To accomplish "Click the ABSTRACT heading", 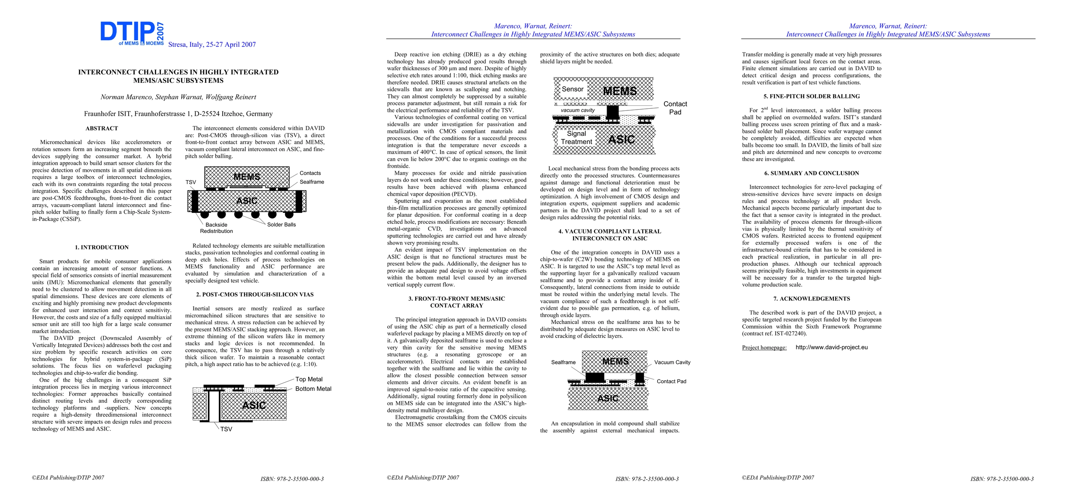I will coord(102,128).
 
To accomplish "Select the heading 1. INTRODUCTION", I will coord(102,247).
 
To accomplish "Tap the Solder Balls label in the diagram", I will coord(281,225).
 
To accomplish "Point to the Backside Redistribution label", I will coord(216,228).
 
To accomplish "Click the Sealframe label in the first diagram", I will coord(311,182).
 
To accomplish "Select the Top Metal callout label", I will coord(309,379).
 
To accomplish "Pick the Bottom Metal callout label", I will coord(313,389).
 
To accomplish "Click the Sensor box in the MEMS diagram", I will coord(572,89).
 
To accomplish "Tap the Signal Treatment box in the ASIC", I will coord(576,138).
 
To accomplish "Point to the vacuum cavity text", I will coord(577,110).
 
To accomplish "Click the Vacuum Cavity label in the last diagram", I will coord(672,362).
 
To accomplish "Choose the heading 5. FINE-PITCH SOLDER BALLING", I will coord(811,96).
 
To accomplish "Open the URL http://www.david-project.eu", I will coord(831,347).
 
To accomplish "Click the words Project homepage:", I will coord(764,348).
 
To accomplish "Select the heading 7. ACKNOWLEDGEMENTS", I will coord(811,299).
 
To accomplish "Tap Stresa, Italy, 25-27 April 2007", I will coord(212,45).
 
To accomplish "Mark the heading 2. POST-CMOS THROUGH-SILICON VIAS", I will coord(255,295).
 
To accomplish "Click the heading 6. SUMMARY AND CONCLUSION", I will coord(811,173).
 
